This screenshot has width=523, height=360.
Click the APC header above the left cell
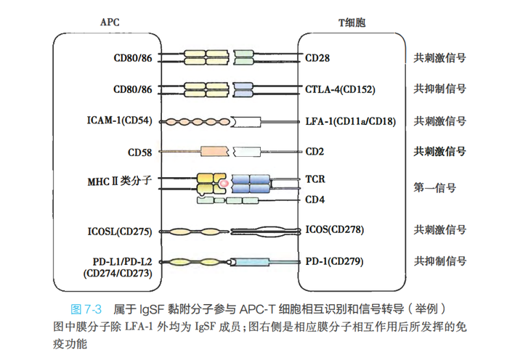pyautogui.click(x=108, y=22)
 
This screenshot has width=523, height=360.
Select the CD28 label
pyautogui.click(x=317, y=57)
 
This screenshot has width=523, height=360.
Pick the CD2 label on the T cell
pyautogui.click(x=315, y=152)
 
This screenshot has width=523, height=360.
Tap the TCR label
pyautogui.click(x=315, y=179)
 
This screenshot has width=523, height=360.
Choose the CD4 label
pyautogui.click(x=315, y=199)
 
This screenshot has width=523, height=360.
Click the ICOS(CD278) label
pyautogui.click(x=335, y=230)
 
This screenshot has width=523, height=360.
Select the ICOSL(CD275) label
pyautogui.click(x=118, y=232)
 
